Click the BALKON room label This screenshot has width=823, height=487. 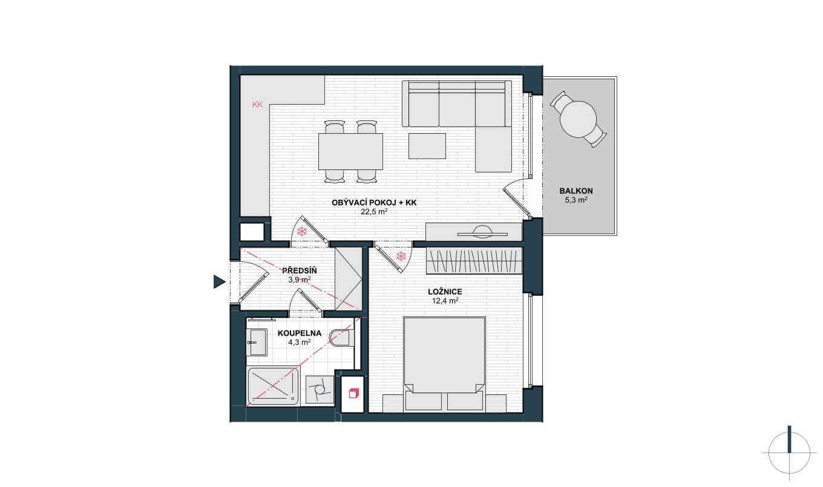pyautogui.click(x=575, y=191)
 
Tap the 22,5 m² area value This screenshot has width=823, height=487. pyautogui.click(x=374, y=212)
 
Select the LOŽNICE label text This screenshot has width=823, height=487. pyautogui.click(x=445, y=292)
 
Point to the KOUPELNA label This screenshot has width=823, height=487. pyautogui.click(x=300, y=333)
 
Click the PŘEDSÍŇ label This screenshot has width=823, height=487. pyautogui.click(x=300, y=270)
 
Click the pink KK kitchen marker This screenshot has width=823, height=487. pyautogui.click(x=258, y=105)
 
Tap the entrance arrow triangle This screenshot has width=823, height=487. pyautogui.click(x=219, y=281)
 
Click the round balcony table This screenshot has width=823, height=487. pyautogui.click(x=578, y=119)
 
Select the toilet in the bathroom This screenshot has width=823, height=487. pyautogui.click(x=341, y=338)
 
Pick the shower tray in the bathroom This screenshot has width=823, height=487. pyautogui.click(x=273, y=386)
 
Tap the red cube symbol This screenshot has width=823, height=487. pyautogui.click(x=353, y=393)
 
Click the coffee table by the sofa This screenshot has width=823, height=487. pyautogui.click(x=427, y=146)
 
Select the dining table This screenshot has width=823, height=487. pyautogui.click(x=350, y=151)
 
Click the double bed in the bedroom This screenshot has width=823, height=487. pyautogui.click(x=445, y=364)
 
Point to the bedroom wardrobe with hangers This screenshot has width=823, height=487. pyautogui.click(x=474, y=261)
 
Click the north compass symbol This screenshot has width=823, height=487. pyautogui.click(x=789, y=453)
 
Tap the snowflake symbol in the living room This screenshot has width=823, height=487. pyautogui.click(x=302, y=231)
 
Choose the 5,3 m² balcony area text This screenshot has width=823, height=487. pyautogui.click(x=575, y=200)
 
